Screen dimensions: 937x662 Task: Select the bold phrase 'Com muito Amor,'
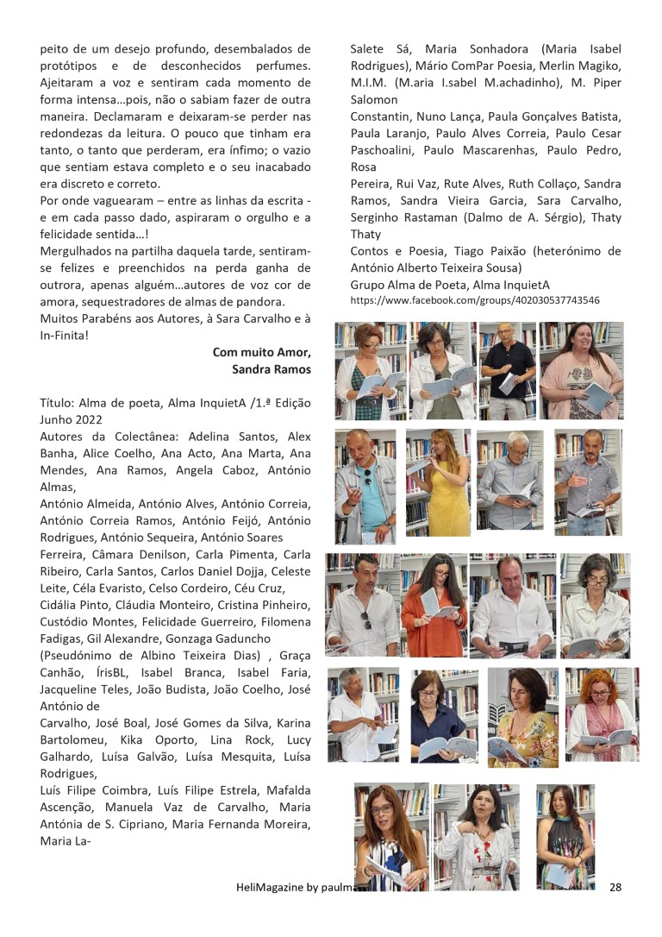tap(261, 352)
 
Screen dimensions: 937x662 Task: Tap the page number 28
tap(615, 886)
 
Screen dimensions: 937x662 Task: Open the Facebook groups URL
tap(475, 300)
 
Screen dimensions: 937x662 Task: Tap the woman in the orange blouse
tap(434, 608)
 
